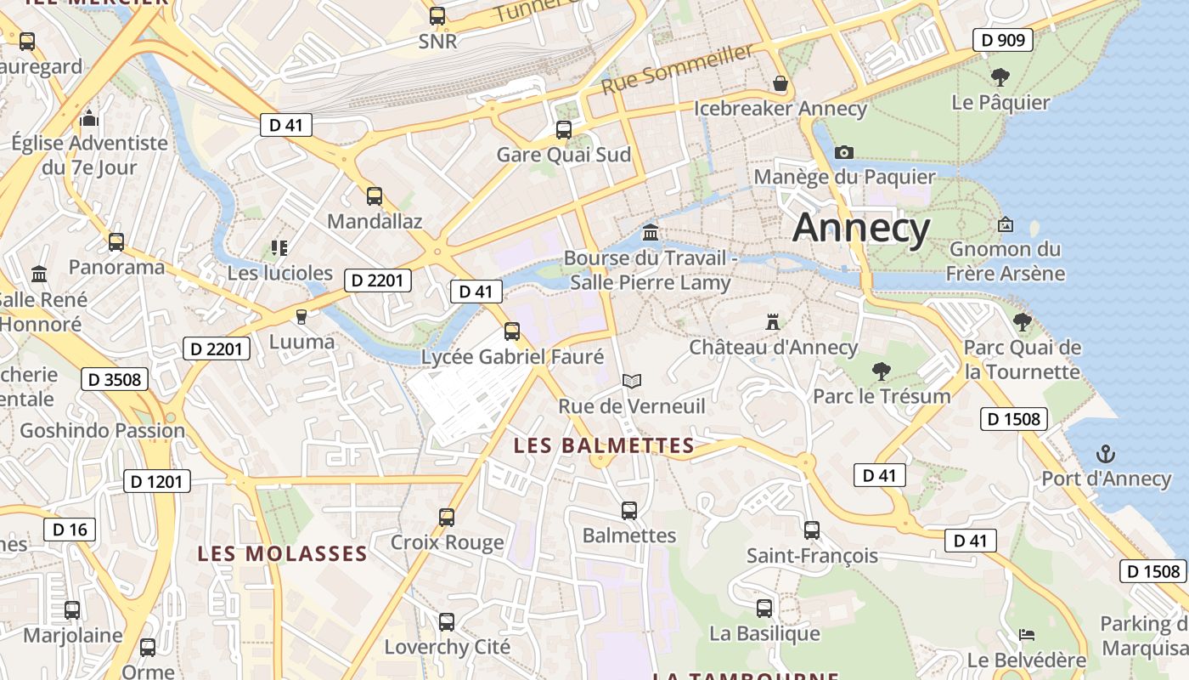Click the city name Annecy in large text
pos(861,228)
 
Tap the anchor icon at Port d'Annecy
pos(1106,454)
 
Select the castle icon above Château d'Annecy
pos(773,322)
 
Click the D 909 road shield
pos(1003,40)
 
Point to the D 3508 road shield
pos(115,379)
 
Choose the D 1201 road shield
pos(158,482)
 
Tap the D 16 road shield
pos(70,530)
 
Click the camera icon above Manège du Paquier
pos(843,152)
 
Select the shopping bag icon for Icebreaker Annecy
pos(780,83)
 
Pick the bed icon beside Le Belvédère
pos(1027,634)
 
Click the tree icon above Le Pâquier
pos(1000,77)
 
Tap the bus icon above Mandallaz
pos(375,196)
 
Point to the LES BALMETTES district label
pos(605,445)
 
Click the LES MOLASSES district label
pos(282,554)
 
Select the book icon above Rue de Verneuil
pos(631,381)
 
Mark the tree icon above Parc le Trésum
pos(881,371)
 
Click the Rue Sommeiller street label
pos(677,69)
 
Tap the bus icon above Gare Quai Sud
pos(563,130)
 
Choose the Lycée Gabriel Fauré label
pos(513,357)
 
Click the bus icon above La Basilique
pos(764,609)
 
